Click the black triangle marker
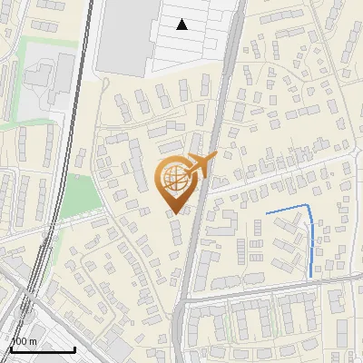click(x=182, y=25)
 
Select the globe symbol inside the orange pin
click(x=175, y=177)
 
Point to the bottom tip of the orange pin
click(x=176, y=214)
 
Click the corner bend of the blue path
click(x=309, y=208)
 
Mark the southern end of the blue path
click(x=311, y=276)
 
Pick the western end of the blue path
click(x=266, y=213)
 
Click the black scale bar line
click(x=42, y=349)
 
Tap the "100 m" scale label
click(x=23, y=341)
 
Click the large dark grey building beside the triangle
click(x=122, y=36)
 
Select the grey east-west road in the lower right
click(x=281, y=289)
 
